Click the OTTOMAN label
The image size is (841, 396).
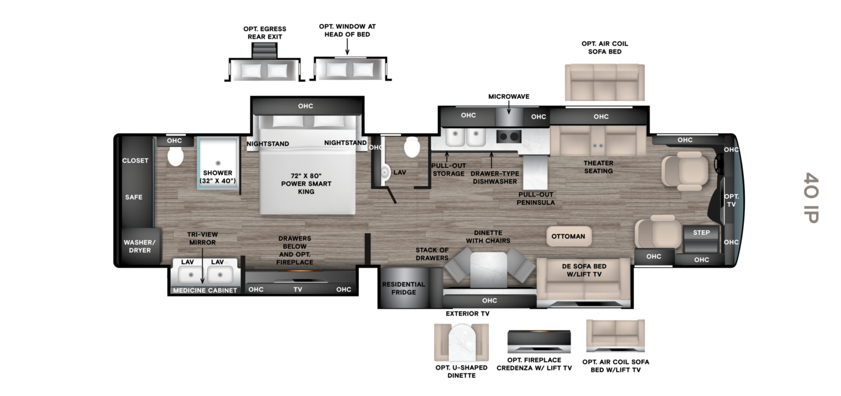(568, 237)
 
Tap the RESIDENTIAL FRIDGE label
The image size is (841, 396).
(404, 288)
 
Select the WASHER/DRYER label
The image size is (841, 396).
(140, 246)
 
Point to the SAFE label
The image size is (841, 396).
(133, 197)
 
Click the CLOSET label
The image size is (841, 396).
(135, 161)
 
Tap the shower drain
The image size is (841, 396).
(218, 163)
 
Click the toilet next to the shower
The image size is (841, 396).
(175, 156)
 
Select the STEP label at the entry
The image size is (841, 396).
(701, 233)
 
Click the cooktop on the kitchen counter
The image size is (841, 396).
(509, 136)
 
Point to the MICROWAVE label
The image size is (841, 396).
(509, 97)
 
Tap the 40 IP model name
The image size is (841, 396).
(811, 197)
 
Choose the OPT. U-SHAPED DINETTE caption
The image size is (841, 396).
(461, 371)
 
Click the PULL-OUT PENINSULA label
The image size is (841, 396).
(536, 199)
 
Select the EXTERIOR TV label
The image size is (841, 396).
(468, 313)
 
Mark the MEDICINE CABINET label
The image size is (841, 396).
(205, 291)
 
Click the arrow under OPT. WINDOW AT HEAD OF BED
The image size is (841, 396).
(347, 47)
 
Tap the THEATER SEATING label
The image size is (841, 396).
(598, 167)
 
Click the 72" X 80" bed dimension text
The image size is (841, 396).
(306, 176)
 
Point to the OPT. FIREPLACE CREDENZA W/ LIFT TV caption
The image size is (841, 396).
(534, 364)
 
